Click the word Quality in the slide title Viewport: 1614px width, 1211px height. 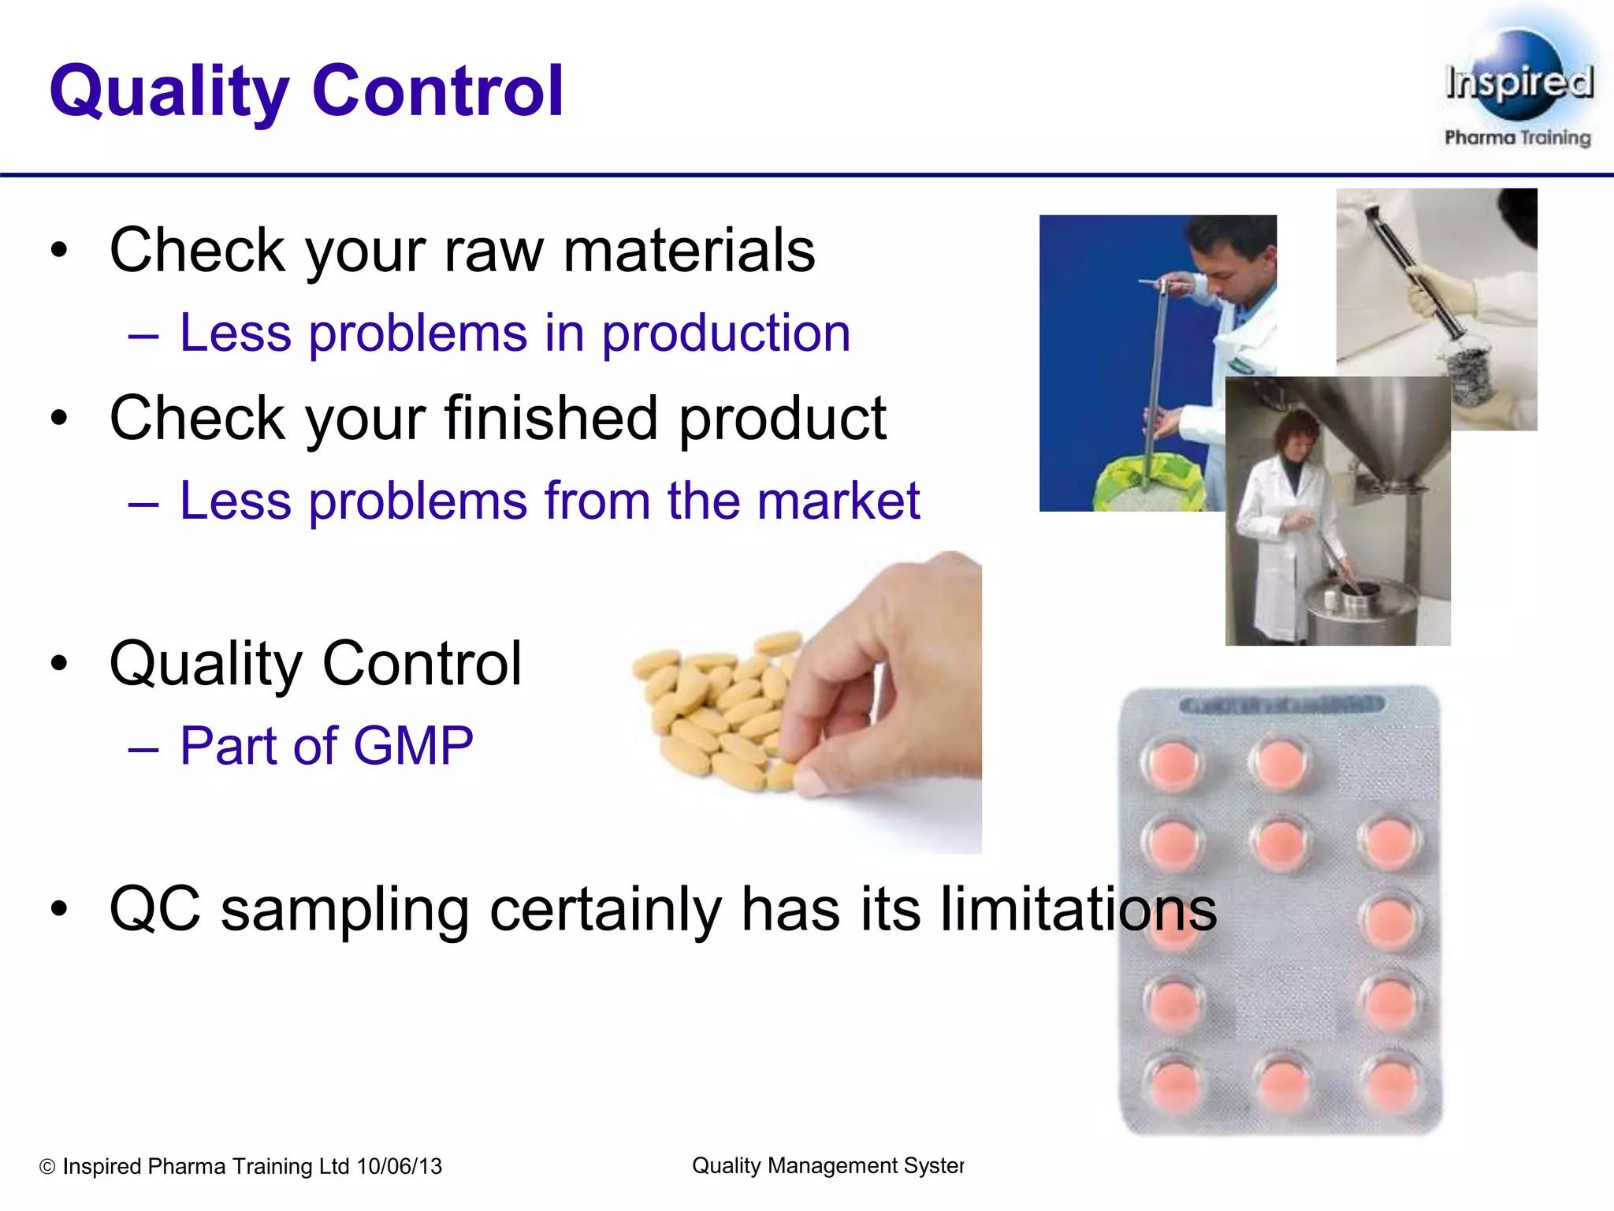click(169, 92)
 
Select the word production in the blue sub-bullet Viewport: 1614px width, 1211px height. click(726, 333)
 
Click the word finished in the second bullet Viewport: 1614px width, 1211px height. click(551, 418)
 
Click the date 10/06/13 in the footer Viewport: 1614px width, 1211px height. click(400, 1166)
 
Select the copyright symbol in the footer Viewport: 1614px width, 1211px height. click(47, 1167)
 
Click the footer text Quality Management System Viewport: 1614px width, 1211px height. click(827, 1165)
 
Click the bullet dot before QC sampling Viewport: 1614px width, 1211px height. click(59, 910)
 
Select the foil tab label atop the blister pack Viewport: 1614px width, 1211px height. click(1281, 703)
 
